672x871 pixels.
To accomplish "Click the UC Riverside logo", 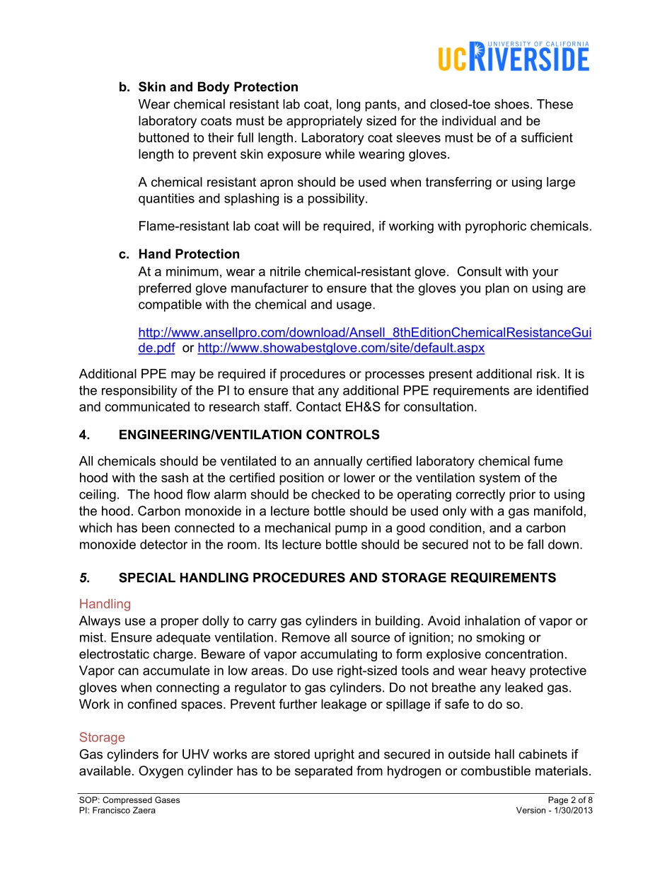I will (x=513, y=57).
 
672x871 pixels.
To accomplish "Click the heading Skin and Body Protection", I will (x=218, y=87).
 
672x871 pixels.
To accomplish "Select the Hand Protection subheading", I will (x=189, y=254).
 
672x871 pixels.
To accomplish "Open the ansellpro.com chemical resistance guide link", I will (x=364, y=332).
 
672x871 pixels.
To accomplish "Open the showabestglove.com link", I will (x=341, y=348).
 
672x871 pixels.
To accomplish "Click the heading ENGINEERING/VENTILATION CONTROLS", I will (x=249, y=435).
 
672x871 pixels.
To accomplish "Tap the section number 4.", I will (x=84, y=435).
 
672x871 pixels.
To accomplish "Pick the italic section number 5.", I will (x=84, y=578).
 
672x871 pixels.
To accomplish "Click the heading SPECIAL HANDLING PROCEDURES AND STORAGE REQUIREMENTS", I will (x=337, y=578).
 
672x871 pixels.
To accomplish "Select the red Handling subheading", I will (x=105, y=604).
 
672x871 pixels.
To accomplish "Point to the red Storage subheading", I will (x=102, y=738).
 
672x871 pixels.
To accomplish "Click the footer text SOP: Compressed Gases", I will (x=129, y=800).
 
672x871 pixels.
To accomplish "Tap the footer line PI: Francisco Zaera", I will (x=117, y=811).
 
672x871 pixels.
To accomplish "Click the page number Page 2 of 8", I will (x=570, y=800).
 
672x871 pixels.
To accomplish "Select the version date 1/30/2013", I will (x=571, y=811).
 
